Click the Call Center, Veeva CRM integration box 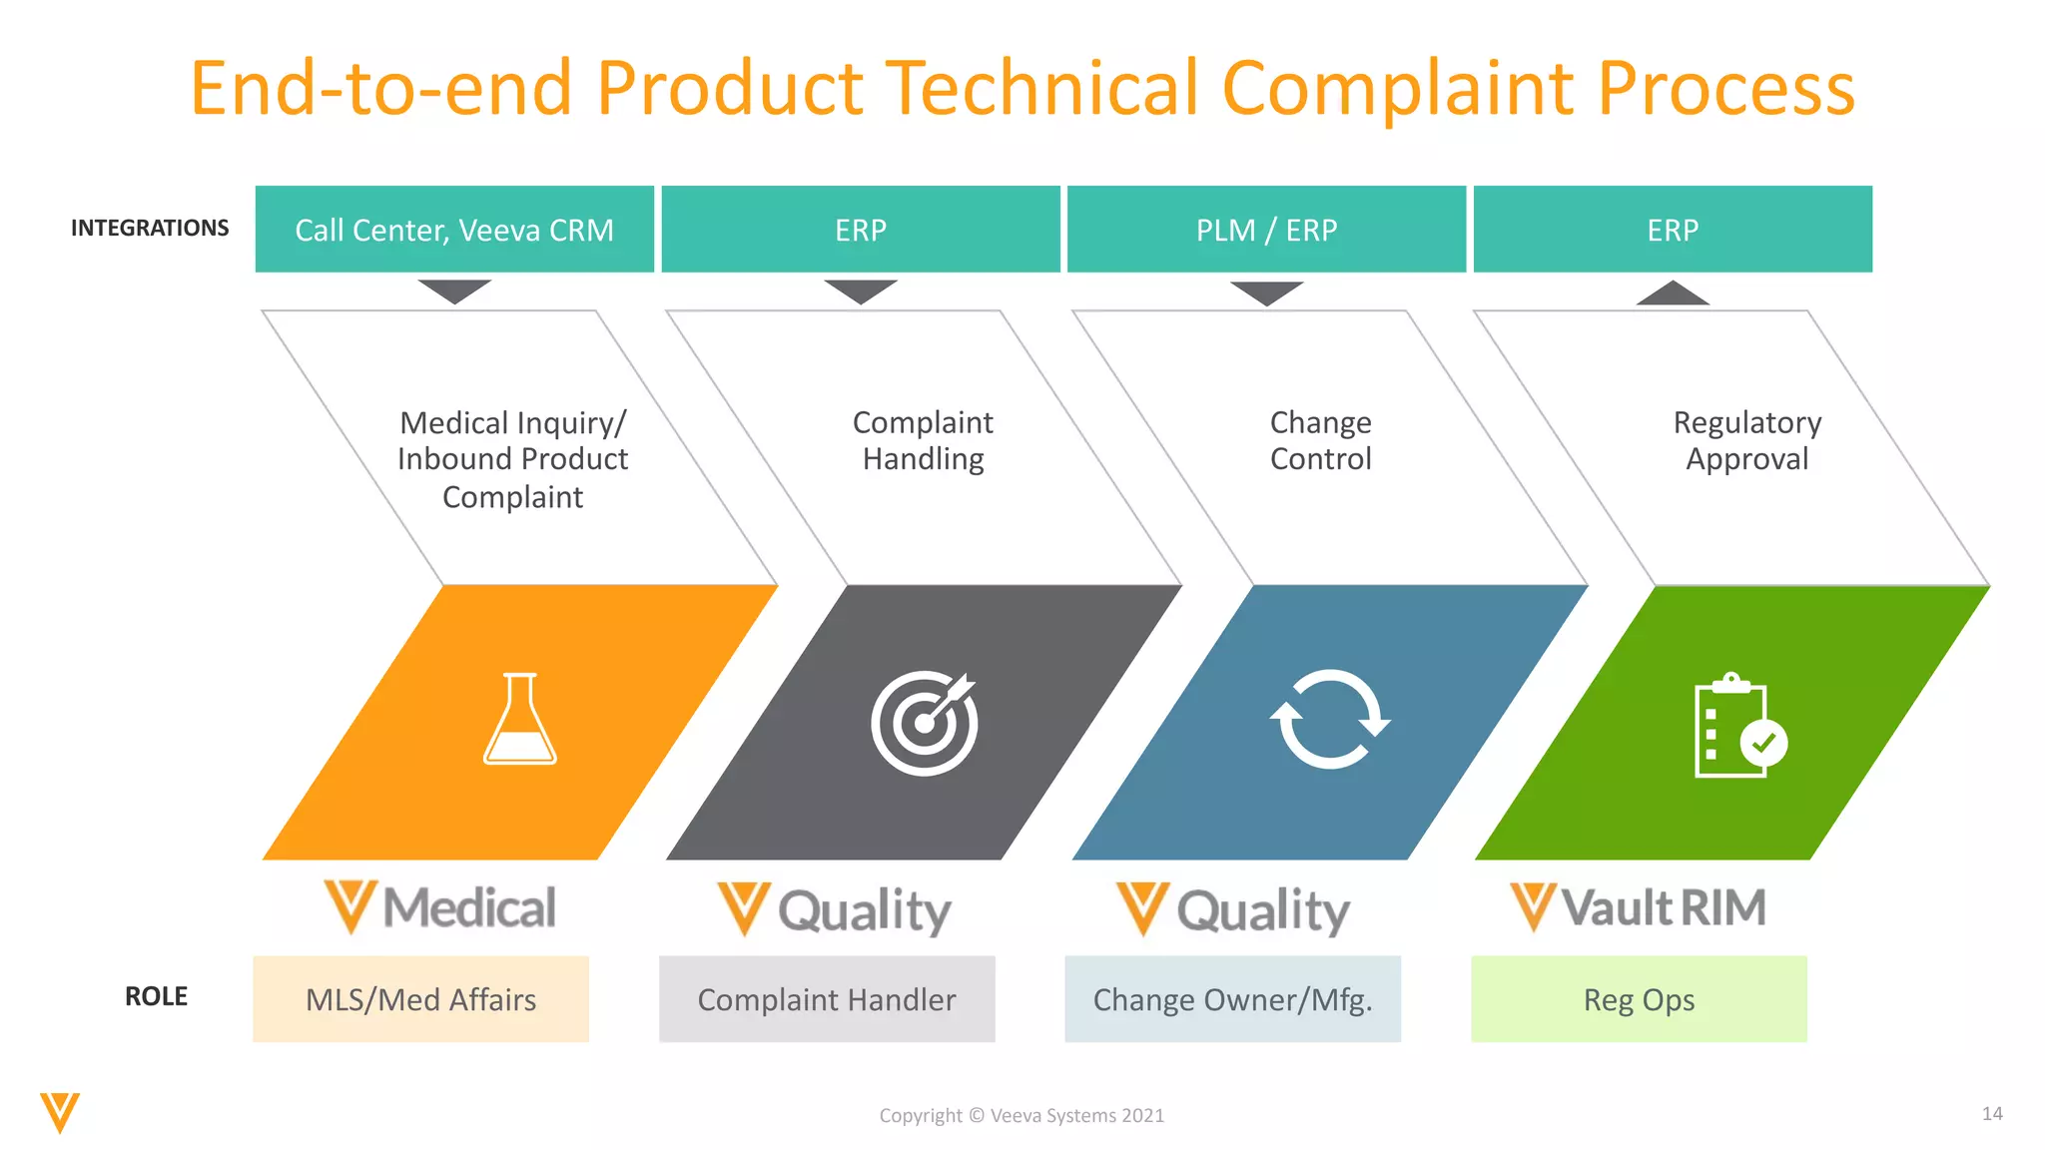click(454, 229)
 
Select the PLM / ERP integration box click(1266, 229)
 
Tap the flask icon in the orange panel click(519, 720)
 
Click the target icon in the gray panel click(924, 722)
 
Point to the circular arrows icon click(1329, 720)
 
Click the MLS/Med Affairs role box click(420, 999)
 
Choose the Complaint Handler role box click(827, 999)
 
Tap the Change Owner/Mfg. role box click(1232, 999)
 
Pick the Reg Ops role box click(1639, 999)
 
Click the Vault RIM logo click(1639, 907)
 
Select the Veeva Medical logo click(440, 907)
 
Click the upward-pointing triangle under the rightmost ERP click(1673, 293)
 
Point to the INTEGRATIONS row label click(150, 228)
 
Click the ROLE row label click(156, 996)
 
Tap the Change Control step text click(1320, 440)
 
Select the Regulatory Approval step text click(1746, 440)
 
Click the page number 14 click(1991, 1113)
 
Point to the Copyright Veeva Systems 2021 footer click(1022, 1115)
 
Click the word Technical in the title click(1042, 88)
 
